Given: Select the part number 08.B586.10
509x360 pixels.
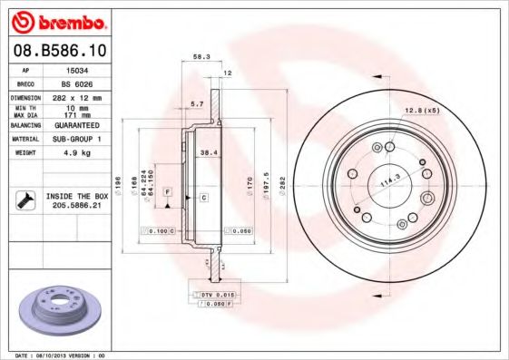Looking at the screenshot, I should tap(59, 54).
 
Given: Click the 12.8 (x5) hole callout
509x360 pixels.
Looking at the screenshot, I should tap(423, 111).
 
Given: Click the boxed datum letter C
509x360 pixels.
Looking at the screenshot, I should tap(204, 197).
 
